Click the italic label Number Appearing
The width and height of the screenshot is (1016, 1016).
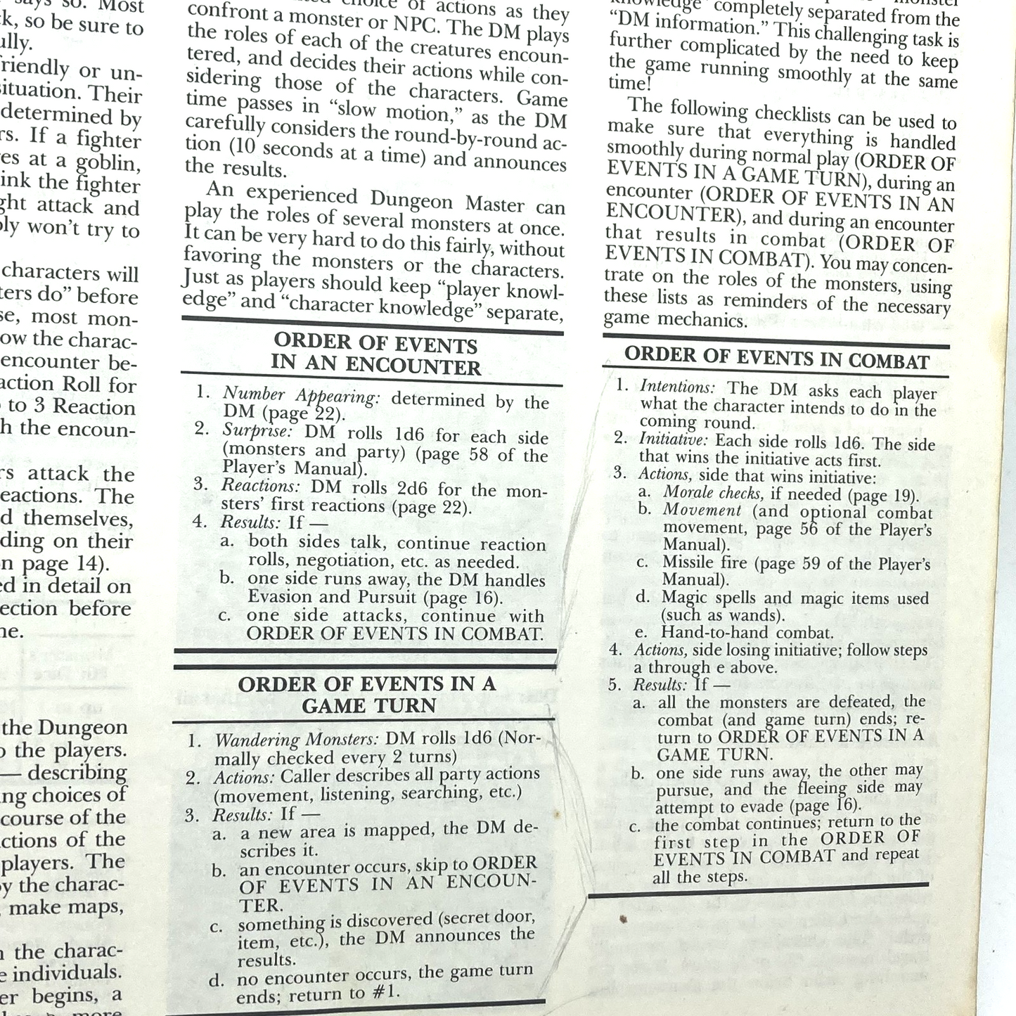coord(301,396)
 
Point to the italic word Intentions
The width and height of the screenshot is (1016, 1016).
coord(677,387)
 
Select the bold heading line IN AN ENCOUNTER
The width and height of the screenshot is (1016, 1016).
coord(375,365)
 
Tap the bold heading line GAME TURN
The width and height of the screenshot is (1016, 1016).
coord(369,706)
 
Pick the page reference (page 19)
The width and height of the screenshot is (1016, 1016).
coord(885,496)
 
